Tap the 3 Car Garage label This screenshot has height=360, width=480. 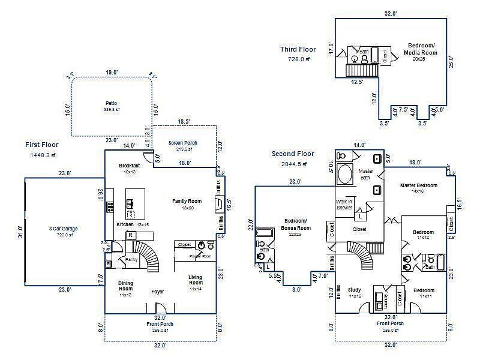tap(63, 229)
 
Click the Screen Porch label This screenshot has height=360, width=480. tap(183, 143)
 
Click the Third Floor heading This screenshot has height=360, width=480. tap(298, 49)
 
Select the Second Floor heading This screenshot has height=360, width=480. tap(293, 154)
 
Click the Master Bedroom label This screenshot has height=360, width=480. tap(419, 185)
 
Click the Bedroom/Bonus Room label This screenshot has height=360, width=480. tap(296, 224)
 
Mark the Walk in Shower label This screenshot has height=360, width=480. tap(344, 203)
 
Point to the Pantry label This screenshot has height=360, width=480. tap(131, 259)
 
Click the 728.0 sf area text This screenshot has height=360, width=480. tap(299, 59)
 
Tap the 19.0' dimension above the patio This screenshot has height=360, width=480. tap(112, 73)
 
